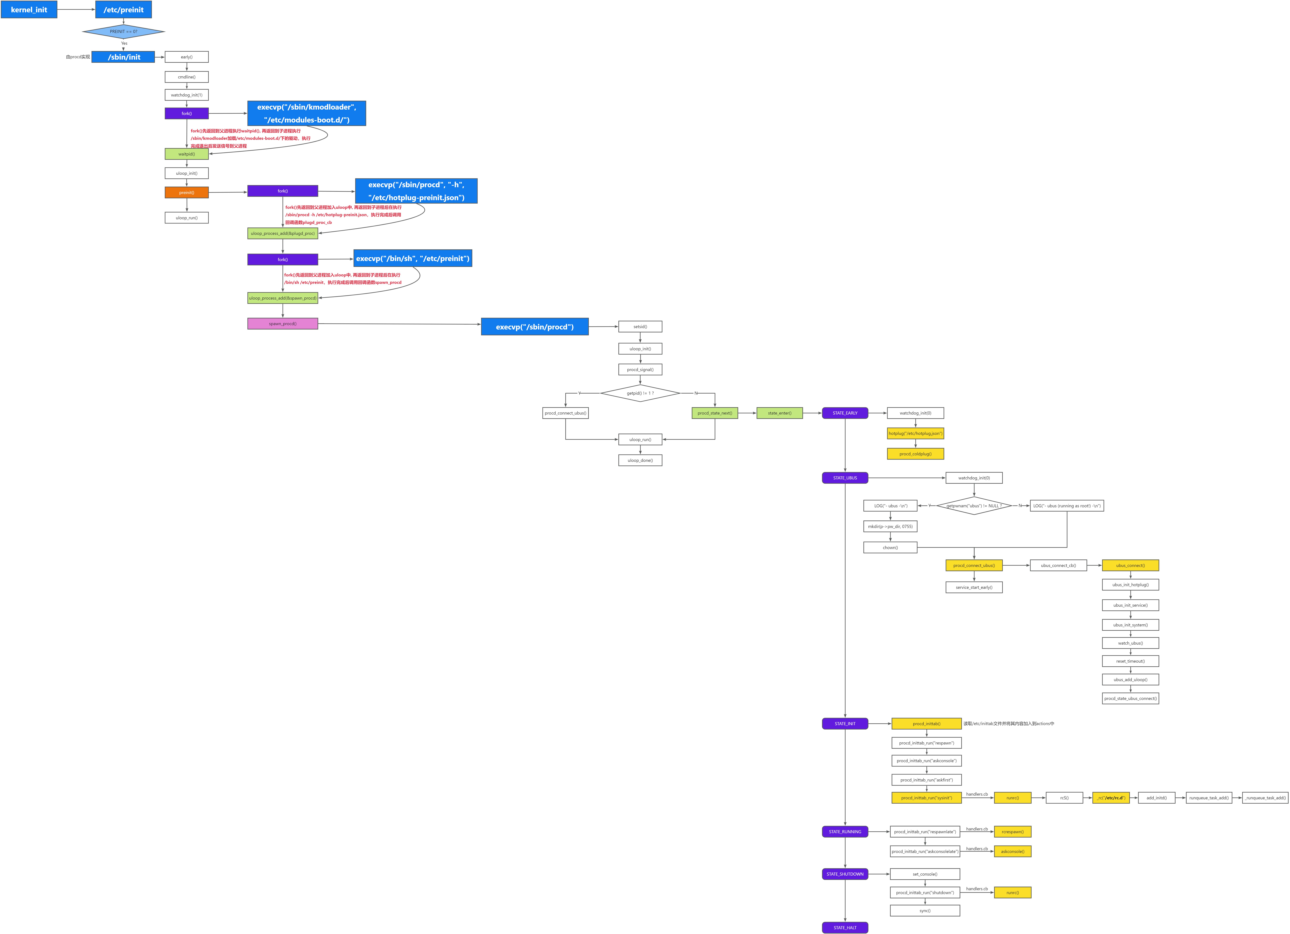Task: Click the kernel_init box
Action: click(x=29, y=10)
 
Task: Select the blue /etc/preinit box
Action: click(x=124, y=10)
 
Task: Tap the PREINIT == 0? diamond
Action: click(x=124, y=31)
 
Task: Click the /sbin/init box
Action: click(x=124, y=57)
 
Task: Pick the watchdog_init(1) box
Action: click(x=186, y=95)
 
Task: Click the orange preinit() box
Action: click(x=186, y=192)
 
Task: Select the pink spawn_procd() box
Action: click(x=283, y=324)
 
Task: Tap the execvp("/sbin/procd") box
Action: click(x=535, y=327)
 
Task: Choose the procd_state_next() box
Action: click(x=715, y=413)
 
